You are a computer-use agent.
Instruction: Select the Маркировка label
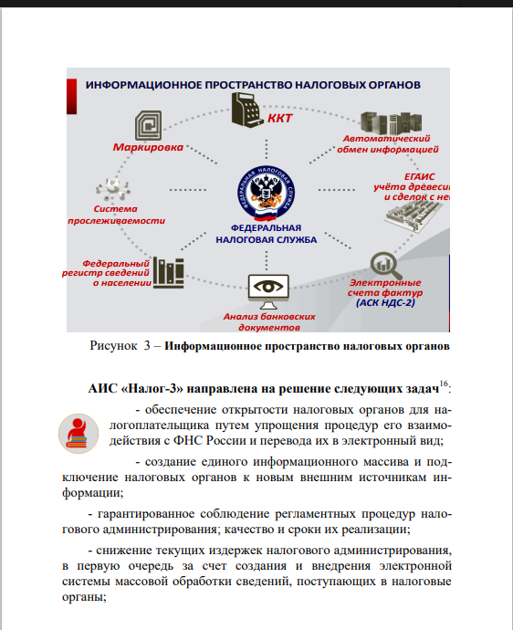(x=150, y=145)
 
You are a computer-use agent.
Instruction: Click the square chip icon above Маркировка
(x=146, y=123)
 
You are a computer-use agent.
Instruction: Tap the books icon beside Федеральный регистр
(x=168, y=270)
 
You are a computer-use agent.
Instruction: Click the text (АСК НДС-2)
(x=395, y=302)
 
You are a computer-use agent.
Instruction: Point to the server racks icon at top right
(x=390, y=123)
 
